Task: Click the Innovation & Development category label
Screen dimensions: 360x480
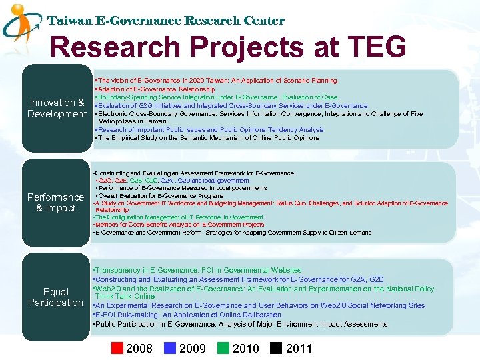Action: pos(57,108)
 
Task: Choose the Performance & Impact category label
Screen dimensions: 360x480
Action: pos(55,203)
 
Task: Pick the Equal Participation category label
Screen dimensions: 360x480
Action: pos(55,297)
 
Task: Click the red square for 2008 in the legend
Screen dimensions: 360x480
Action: pos(117,348)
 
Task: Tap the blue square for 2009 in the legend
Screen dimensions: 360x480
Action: pos(170,348)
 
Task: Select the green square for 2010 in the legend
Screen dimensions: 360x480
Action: pos(223,348)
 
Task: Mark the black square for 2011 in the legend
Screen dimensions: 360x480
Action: pos(276,348)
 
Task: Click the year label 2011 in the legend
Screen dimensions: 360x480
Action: pos(299,348)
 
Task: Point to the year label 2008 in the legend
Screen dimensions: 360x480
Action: pos(139,348)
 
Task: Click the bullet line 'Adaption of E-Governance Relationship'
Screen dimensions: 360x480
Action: pos(155,89)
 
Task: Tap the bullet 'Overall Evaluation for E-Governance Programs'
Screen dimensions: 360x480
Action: pos(160,196)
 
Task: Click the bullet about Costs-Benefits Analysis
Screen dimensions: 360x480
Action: pos(180,225)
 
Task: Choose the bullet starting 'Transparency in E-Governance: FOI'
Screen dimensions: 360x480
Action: pos(198,270)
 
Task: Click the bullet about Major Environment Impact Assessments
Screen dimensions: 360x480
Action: pos(240,324)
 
